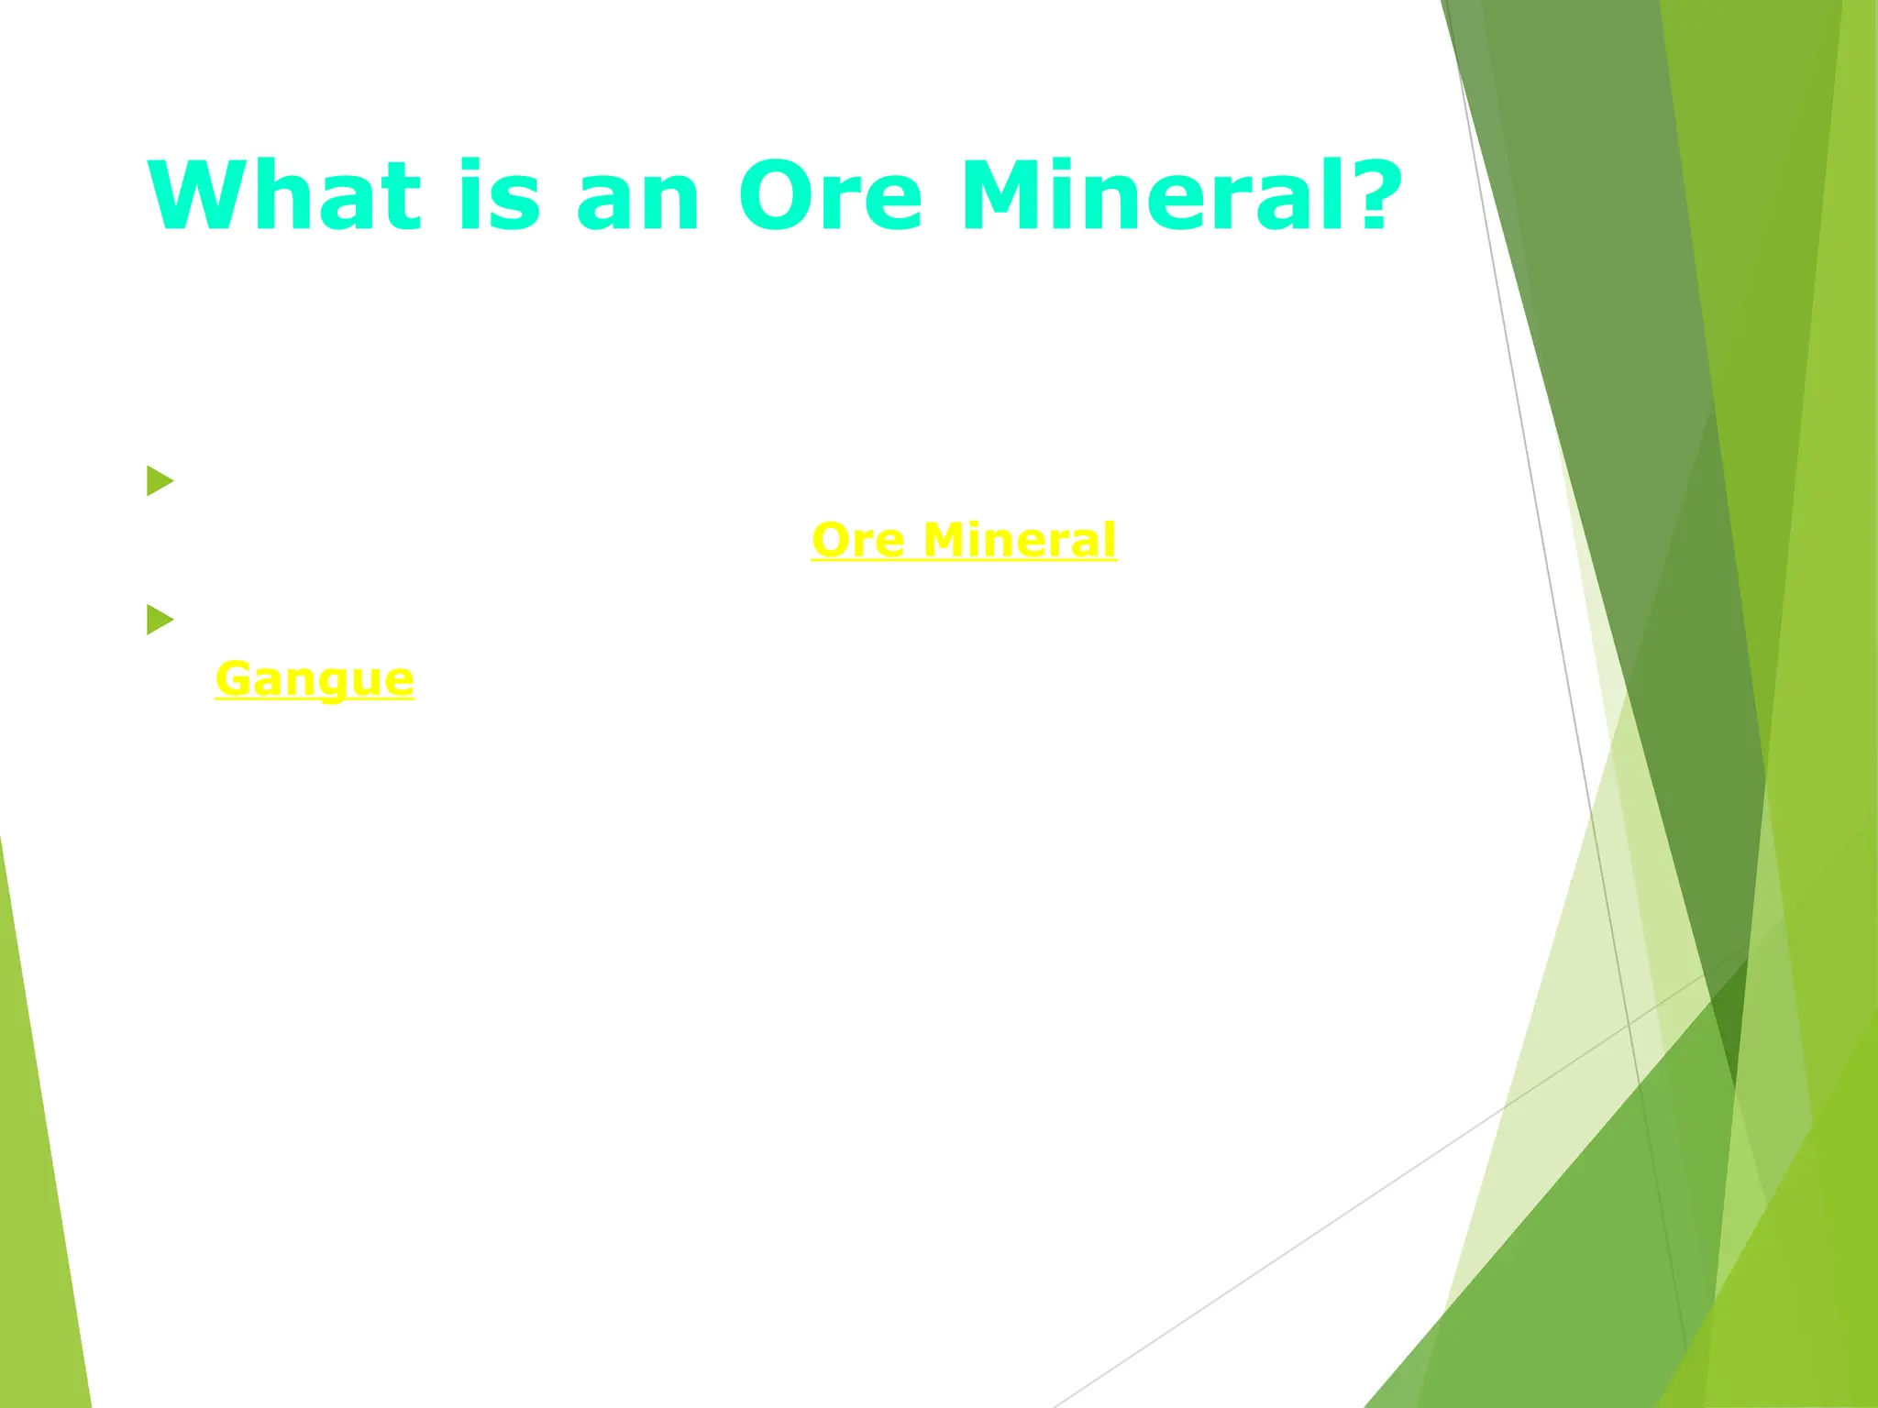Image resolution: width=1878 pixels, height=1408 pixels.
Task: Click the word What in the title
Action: click(x=284, y=196)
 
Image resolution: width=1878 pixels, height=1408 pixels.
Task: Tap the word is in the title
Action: click(x=499, y=196)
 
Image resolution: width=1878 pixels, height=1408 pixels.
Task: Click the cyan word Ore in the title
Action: click(x=830, y=196)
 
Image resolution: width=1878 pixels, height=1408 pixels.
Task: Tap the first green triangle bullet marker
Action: click(x=159, y=480)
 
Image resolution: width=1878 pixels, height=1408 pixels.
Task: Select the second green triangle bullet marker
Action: click(x=159, y=620)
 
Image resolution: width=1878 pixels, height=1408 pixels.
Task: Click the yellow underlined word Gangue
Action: click(x=315, y=680)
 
